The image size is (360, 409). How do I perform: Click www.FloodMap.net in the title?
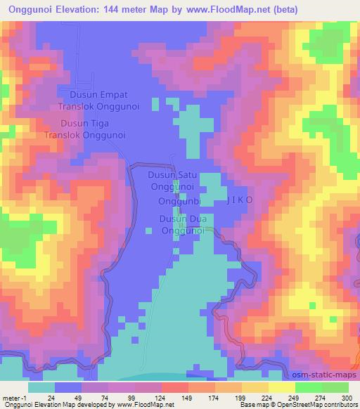click(x=224, y=10)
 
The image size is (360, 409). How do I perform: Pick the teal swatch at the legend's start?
click(x=41, y=387)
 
